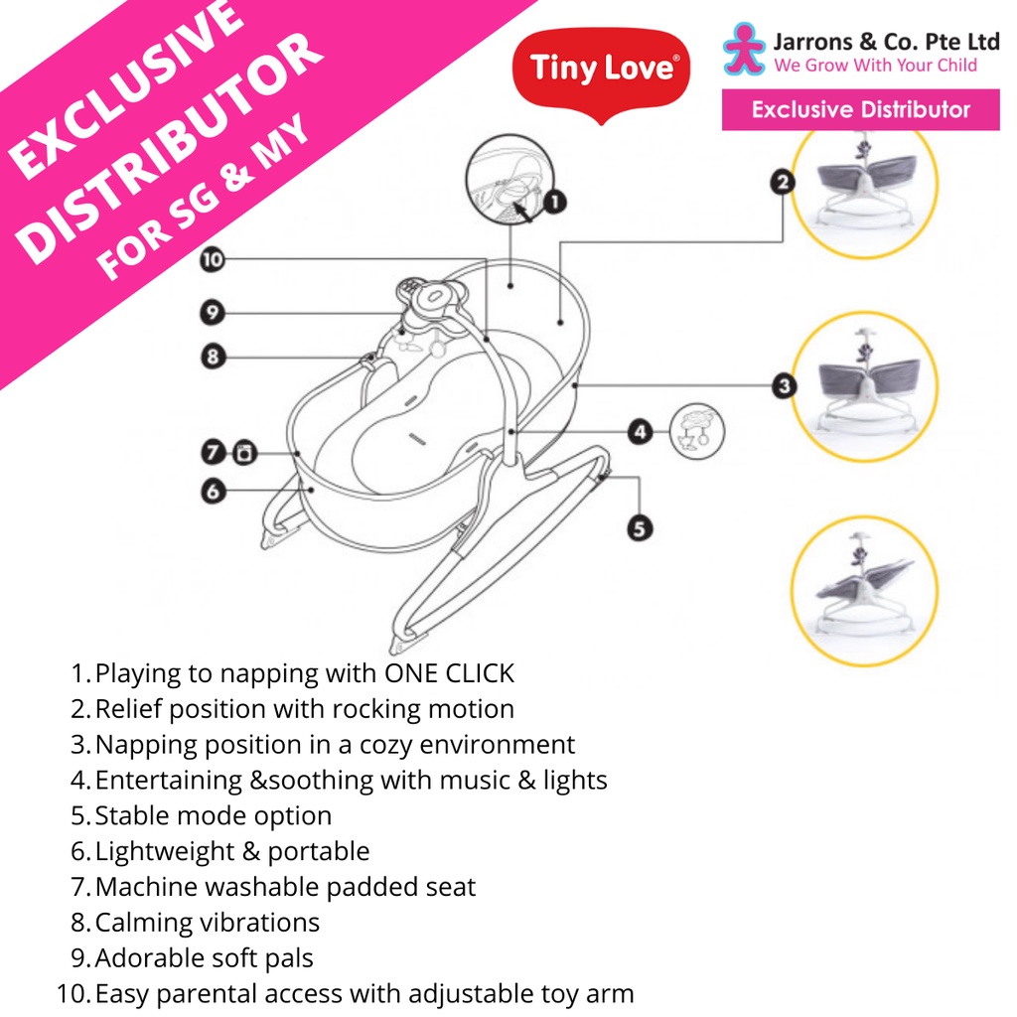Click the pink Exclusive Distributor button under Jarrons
pos(860,109)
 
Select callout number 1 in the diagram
pos(554,203)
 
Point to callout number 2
pos(784,182)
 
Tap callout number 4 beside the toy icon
pos(641,431)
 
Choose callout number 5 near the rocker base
pos(641,529)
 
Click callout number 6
pos(213,490)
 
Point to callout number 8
pos(213,356)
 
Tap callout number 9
pos(213,314)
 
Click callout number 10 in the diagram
pos(213,261)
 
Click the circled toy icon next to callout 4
pos(697,430)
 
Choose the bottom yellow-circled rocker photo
pos(864,590)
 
